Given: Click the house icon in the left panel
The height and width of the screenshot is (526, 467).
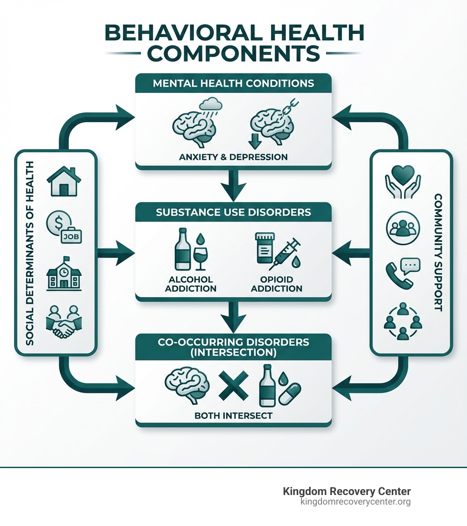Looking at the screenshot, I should [63, 181].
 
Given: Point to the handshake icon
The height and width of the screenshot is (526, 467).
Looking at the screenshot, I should [63, 322].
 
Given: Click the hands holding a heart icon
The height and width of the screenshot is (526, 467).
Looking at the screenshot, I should [403, 181].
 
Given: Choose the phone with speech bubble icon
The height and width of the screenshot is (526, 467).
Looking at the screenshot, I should [402, 273].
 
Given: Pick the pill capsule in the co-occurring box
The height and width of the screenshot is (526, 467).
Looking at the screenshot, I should [290, 393].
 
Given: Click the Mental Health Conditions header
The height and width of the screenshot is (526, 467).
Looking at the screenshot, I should [233, 83].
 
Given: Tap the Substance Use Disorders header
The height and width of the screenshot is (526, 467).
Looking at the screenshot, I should [233, 212].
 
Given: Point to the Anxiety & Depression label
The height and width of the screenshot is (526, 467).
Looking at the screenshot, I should [233, 157].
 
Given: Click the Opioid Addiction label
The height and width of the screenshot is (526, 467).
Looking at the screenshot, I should [276, 284].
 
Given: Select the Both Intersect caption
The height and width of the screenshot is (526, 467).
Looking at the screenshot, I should [233, 416].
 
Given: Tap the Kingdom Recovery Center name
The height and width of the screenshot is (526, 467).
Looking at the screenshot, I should [347, 491].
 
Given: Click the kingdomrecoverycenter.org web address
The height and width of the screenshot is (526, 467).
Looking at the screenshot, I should [355, 502].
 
